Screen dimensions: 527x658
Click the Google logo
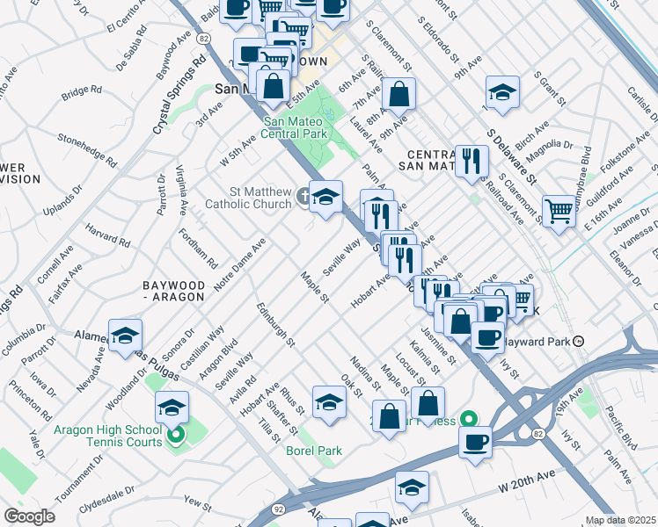tap(29, 516)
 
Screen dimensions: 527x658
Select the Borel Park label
tap(313, 451)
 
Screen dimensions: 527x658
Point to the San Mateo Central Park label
tap(296, 127)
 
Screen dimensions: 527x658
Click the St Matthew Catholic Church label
tap(248, 198)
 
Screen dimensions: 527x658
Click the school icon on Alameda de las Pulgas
tap(125, 336)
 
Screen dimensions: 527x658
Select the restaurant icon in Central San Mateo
tap(472, 160)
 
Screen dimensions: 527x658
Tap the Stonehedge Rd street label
tap(87, 148)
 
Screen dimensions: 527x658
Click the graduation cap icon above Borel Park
tap(329, 402)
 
